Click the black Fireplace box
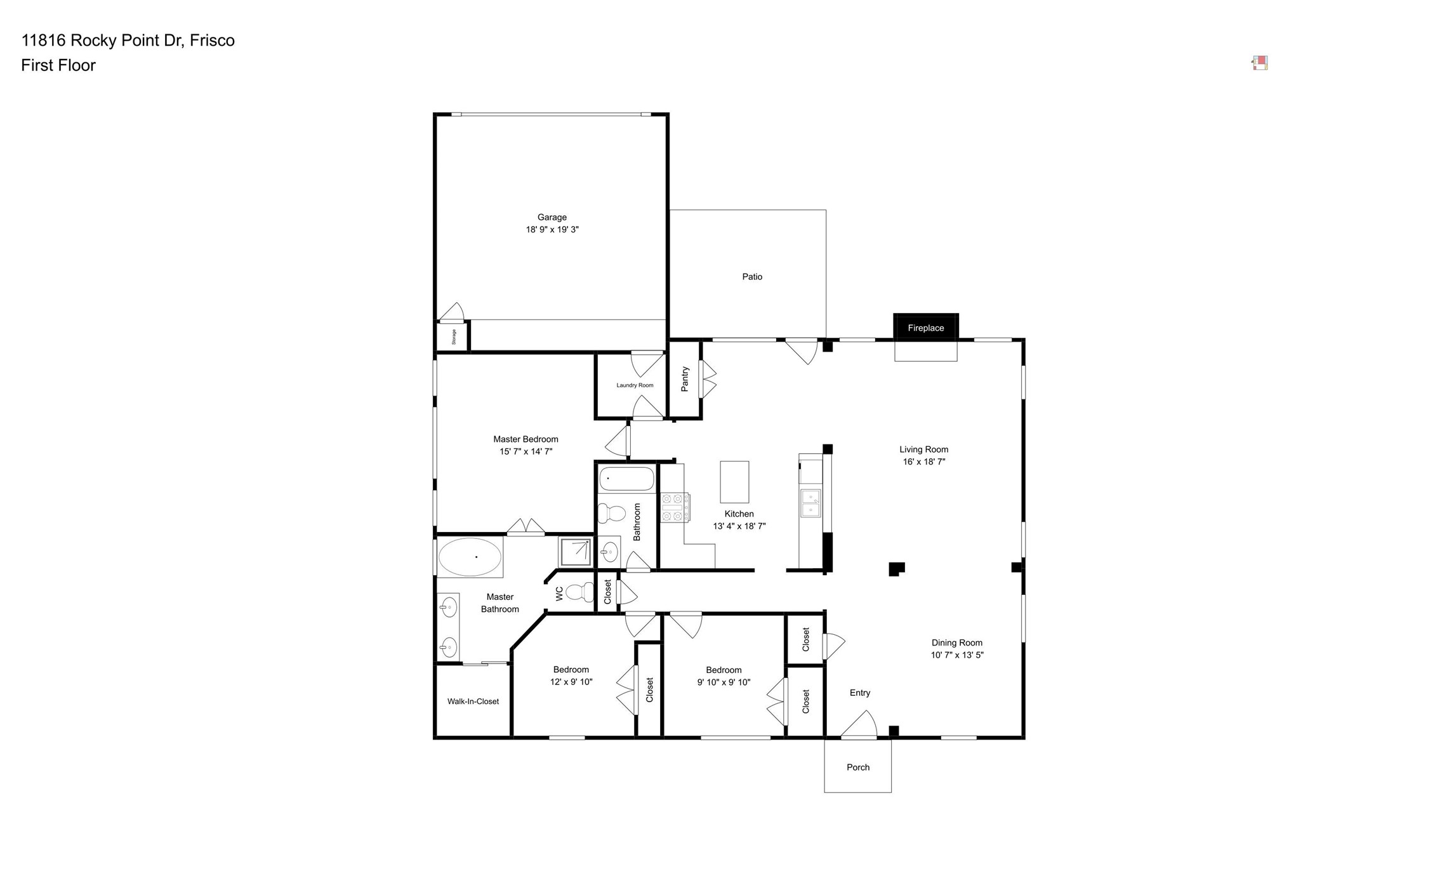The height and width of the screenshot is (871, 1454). pyautogui.click(x=925, y=328)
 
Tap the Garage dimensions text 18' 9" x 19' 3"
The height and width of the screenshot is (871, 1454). pyautogui.click(x=552, y=230)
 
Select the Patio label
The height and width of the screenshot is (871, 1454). pyautogui.click(x=752, y=277)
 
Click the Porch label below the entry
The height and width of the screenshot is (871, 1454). pyautogui.click(x=857, y=768)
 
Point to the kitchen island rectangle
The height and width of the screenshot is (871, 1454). pyautogui.click(x=734, y=482)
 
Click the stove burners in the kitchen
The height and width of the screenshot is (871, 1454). pyautogui.click(x=675, y=508)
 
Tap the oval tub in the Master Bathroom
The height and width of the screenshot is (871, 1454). pyautogui.click(x=470, y=557)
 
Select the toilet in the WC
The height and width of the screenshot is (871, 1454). pyautogui.click(x=579, y=592)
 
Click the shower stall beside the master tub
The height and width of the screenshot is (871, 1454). pyautogui.click(x=575, y=552)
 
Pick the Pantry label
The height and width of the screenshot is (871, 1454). pyautogui.click(x=685, y=379)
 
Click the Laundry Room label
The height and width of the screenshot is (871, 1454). pyautogui.click(x=635, y=385)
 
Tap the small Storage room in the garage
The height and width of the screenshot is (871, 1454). pyautogui.click(x=453, y=336)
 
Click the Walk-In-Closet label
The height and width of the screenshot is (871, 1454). pyautogui.click(x=473, y=701)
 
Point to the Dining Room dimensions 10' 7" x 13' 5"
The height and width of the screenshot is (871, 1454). pyautogui.click(x=956, y=655)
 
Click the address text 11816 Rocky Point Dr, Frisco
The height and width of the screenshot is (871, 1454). pyautogui.click(x=128, y=41)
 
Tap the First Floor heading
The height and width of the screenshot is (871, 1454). pyautogui.click(x=58, y=65)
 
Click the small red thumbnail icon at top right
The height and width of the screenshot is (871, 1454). pyautogui.click(x=1260, y=63)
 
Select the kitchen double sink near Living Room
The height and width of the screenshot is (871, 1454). pyautogui.click(x=810, y=503)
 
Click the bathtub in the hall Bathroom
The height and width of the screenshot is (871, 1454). pyautogui.click(x=626, y=479)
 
